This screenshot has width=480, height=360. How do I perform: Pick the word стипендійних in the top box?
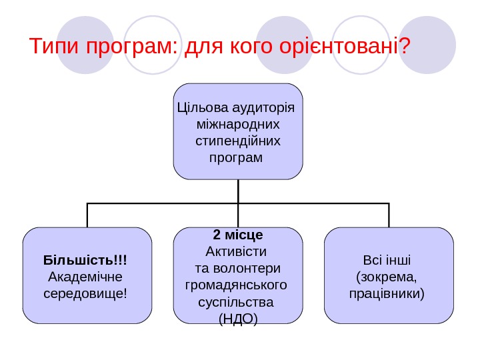(238, 141)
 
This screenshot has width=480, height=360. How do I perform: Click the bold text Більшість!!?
(85, 259)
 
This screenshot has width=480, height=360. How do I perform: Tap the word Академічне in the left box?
(85, 275)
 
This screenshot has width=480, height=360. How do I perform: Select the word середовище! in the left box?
(85, 293)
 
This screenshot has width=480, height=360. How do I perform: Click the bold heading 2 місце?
(238, 235)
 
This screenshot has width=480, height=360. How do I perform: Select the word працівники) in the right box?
(387, 293)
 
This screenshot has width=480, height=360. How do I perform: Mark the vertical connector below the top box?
(238, 191)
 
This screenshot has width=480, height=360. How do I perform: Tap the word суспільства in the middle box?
(237, 302)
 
